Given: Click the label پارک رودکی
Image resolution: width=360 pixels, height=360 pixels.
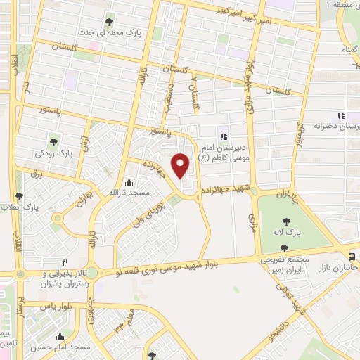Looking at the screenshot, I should [x=55, y=153].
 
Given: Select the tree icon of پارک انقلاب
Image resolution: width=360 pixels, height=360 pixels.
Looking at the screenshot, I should [x=20, y=196].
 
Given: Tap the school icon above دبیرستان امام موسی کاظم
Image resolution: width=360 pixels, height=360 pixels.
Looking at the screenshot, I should [x=223, y=136].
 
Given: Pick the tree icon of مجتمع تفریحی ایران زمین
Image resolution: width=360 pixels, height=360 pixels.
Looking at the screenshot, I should [x=284, y=247].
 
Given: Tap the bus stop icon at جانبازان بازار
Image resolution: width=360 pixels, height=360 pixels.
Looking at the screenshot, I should [x=352, y=257].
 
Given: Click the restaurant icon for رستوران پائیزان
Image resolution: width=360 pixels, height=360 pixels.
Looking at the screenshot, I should [x=65, y=259].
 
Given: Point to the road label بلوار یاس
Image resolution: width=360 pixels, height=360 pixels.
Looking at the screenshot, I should [x=57, y=307].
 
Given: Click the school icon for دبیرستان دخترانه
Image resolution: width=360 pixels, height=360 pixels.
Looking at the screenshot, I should [x=341, y=115].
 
